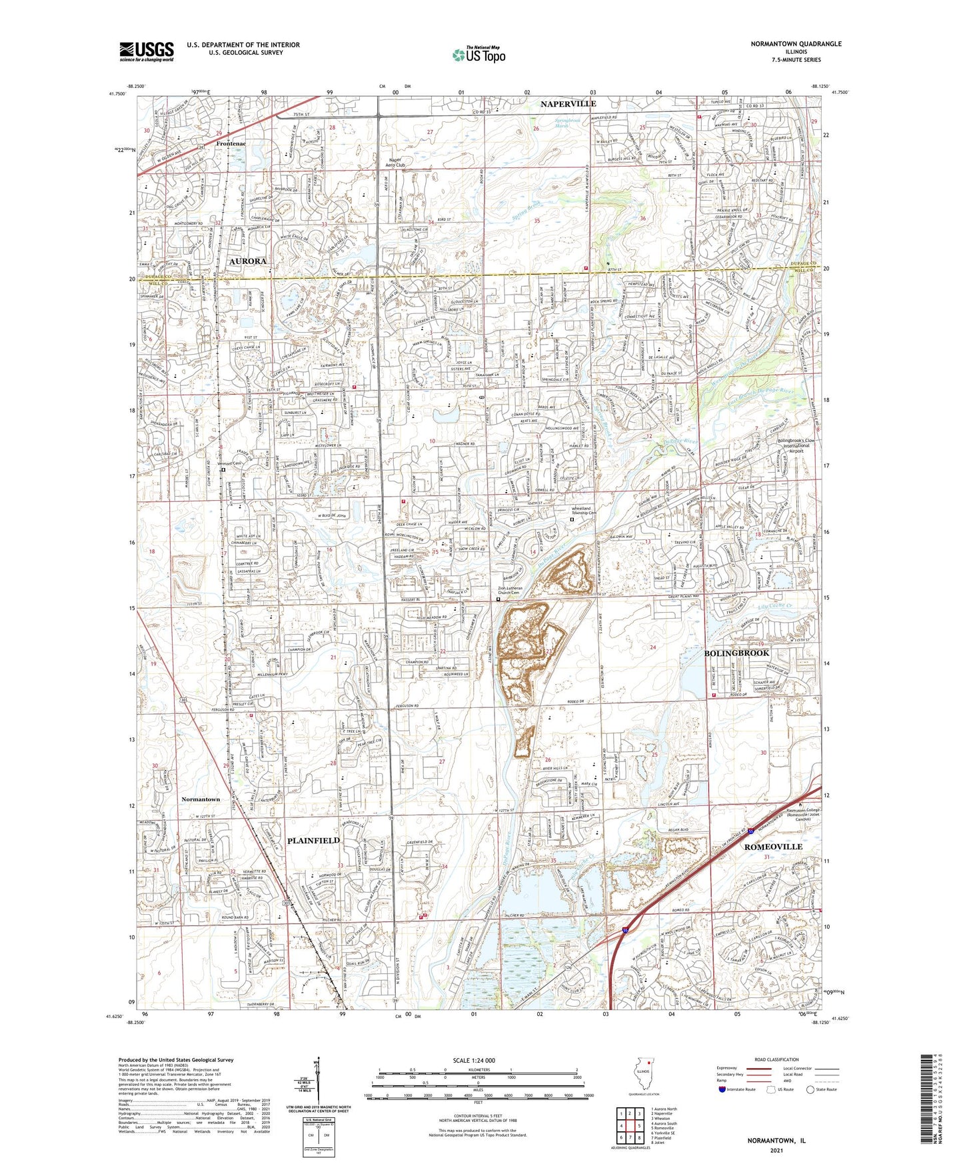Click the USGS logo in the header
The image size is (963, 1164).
(x=146, y=51)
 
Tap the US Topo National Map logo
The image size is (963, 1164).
(x=478, y=55)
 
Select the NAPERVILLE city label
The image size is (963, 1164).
(x=568, y=104)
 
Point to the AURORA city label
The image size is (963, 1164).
(x=247, y=261)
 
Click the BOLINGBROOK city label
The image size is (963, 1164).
(x=736, y=653)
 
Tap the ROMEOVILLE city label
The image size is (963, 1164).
(x=773, y=846)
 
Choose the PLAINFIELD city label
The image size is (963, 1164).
(x=313, y=840)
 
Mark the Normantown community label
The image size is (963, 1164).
(x=201, y=799)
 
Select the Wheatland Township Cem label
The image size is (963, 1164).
(x=584, y=511)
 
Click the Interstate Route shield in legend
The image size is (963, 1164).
(x=722, y=1089)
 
